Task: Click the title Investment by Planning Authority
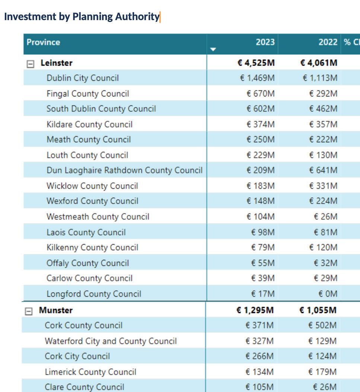82,17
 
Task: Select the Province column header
43,42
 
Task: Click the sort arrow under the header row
213,49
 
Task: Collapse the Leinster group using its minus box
31,64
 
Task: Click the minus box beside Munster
29,312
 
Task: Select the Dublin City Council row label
82,78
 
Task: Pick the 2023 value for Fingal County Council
260,93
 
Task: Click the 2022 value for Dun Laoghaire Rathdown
323,170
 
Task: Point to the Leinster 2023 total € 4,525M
256,63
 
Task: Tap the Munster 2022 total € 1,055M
318,310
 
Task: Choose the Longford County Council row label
93,294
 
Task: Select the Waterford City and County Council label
111,341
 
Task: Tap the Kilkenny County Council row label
92,248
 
